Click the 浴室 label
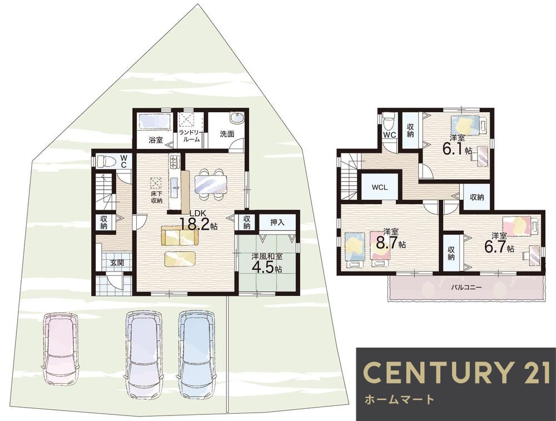point(155,140)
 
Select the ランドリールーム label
point(190,136)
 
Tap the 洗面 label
point(227,134)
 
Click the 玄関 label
point(117,263)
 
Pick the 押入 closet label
point(277,222)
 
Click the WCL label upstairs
point(380,187)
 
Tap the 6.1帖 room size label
point(456,148)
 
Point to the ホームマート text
point(399,399)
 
